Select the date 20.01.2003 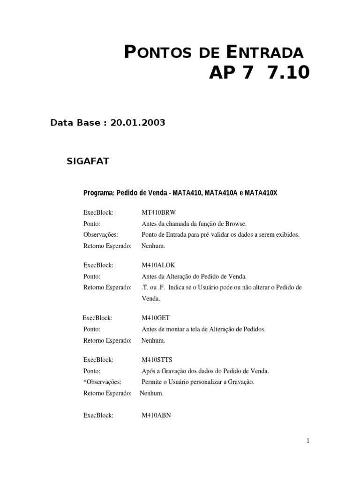pyautogui.click(x=138, y=123)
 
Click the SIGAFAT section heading pyautogui.click(x=88, y=161)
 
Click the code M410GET pyautogui.click(x=156, y=318)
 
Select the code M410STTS pyautogui.click(x=157, y=360)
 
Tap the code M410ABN pyautogui.click(x=157, y=415)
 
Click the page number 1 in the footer pyautogui.click(x=308, y=441)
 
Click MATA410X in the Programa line pyautogui.click(x=261, y=193)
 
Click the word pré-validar pyautogui.click(x=204, y=234)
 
